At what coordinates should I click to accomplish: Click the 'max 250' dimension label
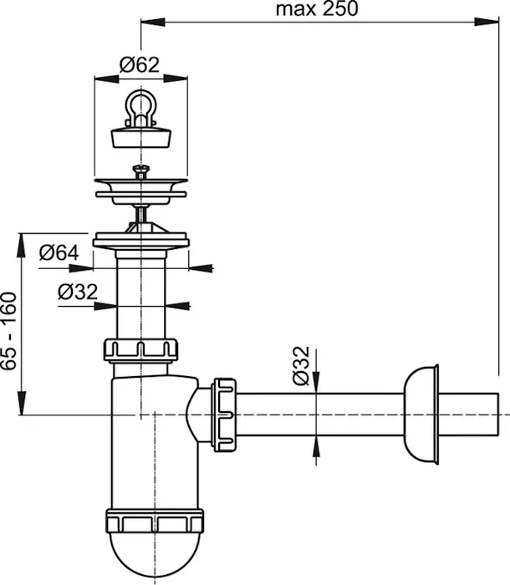(317, 9)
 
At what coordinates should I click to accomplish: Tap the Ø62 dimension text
(140, 65)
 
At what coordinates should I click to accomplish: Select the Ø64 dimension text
(59, 252)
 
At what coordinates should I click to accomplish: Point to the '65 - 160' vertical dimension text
(9, 331)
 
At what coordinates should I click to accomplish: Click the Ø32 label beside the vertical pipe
(78, 292)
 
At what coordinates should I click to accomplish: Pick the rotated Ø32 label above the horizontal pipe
(301, 366)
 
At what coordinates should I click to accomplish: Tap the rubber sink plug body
(141, 137)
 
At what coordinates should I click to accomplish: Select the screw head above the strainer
(141, 170)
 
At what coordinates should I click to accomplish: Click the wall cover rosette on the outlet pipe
(421, 415)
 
